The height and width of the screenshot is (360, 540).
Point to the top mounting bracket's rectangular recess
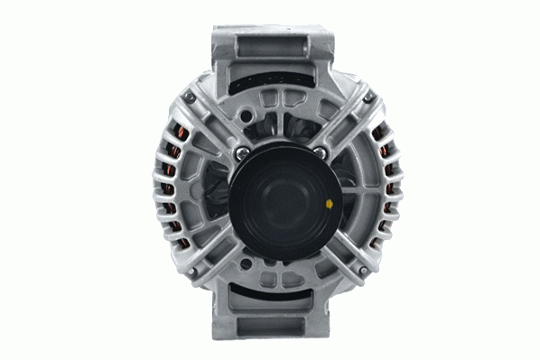point(271,50)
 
